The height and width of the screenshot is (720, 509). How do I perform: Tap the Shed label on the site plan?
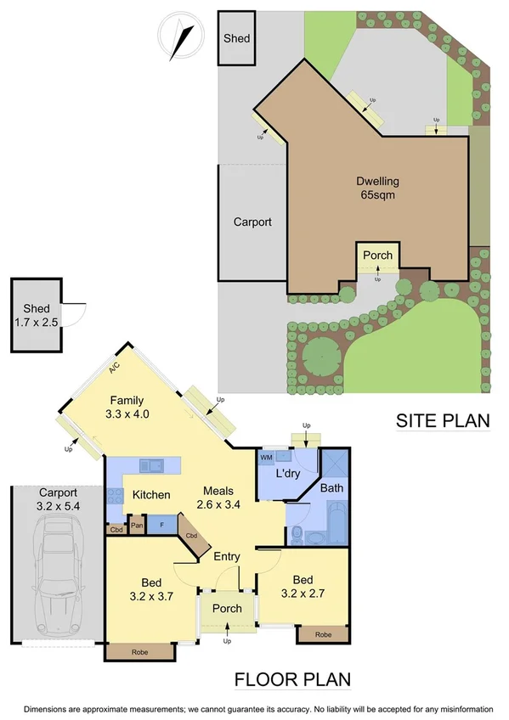tap(235, 38)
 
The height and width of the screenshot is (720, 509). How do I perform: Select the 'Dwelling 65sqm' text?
tap(377, 188)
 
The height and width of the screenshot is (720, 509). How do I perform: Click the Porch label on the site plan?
tap(377, 256)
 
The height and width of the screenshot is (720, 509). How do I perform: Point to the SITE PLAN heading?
tap(443, 420)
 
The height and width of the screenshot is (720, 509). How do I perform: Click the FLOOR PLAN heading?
tap(291, 680)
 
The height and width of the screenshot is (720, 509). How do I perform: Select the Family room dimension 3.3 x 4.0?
tap(125, 415)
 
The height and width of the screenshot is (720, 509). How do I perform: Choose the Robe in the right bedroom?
tap(323, 633)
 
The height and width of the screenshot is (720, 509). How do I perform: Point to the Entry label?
tap(227, 557)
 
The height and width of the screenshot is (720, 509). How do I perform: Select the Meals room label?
tap(218, 492)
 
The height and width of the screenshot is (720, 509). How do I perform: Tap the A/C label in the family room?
tap(112, 368)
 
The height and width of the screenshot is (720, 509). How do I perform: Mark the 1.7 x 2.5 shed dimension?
tap(36, 323)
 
